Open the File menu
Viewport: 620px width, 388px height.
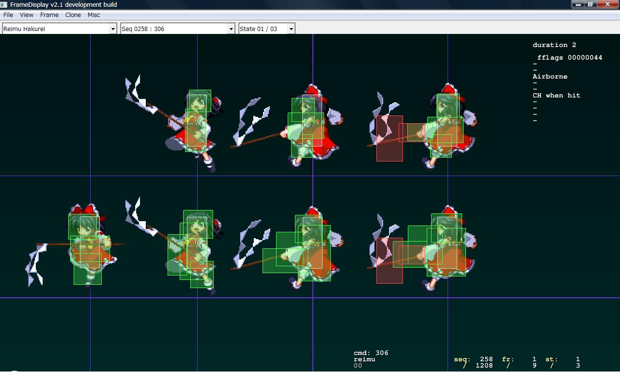pos(8,15)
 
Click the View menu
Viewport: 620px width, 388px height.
pos(27,15)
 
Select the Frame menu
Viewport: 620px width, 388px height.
pos(49,15)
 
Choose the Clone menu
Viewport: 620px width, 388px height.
pos(73,15)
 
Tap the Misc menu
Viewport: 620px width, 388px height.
pos(93,15)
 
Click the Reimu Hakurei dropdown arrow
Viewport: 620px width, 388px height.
pos(113,29)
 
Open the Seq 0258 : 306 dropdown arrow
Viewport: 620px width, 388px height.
pos(231,29)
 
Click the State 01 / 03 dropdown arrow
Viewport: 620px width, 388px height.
pos(291,29)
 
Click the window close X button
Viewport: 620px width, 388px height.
pos(608,4)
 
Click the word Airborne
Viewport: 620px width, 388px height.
pos(550,77)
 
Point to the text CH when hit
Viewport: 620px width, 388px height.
pos(557,96)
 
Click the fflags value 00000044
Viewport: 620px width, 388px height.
pos(585,58)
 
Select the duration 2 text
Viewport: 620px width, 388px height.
pos(555,45)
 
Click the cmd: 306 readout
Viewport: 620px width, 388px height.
pos(371,353)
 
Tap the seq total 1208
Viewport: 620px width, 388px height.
pos(484,366)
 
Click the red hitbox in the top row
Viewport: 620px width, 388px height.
pos(389,138)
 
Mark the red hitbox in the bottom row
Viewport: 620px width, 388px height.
pos(389,260)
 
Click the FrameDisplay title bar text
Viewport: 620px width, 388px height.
pos(63,4)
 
